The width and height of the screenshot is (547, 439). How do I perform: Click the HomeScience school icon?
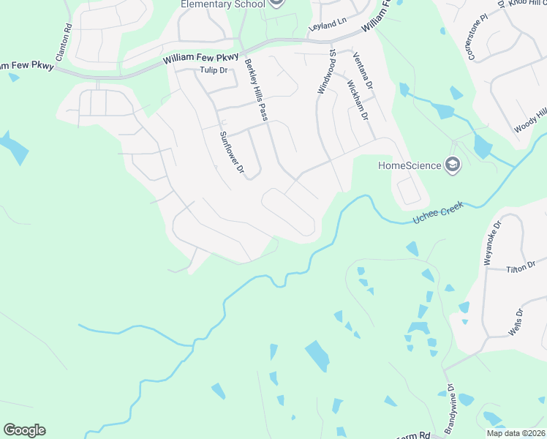click(x=453, y=165)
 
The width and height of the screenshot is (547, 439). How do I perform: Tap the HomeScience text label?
click(x=410, y=165)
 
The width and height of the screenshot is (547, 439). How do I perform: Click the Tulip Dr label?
click(x=214, y=70)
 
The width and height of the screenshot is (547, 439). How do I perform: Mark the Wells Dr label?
click(x=520, y=321)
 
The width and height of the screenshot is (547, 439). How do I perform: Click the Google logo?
click(x=24, y=430)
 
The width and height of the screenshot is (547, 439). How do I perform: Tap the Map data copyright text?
click(x=516, y=433)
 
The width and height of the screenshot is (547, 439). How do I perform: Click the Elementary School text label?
click(x=222, y=4)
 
